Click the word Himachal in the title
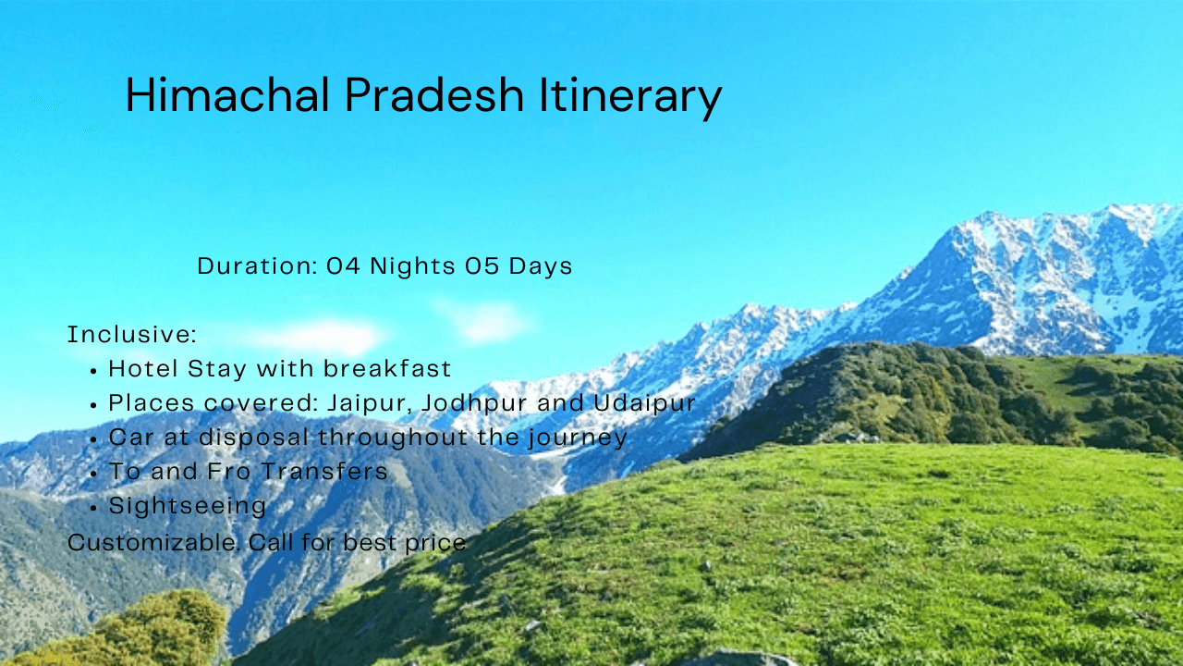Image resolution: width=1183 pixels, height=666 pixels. click(x=227, y=94)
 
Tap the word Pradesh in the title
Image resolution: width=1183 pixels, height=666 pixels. click(x=434, y=94)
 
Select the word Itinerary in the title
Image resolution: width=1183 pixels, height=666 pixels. click(x=630, y=98)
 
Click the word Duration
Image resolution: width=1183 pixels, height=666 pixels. click(x=257, y=265)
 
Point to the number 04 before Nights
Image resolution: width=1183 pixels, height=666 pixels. click(x=343, y=265)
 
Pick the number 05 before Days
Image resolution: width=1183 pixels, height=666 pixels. click(x=482, y=265)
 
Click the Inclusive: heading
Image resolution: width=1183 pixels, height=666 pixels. click(x=132, y=334)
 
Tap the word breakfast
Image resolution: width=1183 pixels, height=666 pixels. click(x=387, y=368)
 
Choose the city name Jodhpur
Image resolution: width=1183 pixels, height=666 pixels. click(x=474, y=404)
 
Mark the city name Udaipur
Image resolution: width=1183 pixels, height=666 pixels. click(x=644, y=404)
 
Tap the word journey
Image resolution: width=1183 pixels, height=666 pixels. click(x=578, y=438)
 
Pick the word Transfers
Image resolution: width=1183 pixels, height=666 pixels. click(x=324, y=471)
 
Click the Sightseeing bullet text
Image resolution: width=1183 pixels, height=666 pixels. click(x=188, y=506)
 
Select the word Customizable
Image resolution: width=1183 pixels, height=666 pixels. click(x=154, y=542)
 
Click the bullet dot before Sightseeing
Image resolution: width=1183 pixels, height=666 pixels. click(x=93, y=508)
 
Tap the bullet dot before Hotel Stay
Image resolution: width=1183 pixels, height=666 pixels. click(x=93, y=371)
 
